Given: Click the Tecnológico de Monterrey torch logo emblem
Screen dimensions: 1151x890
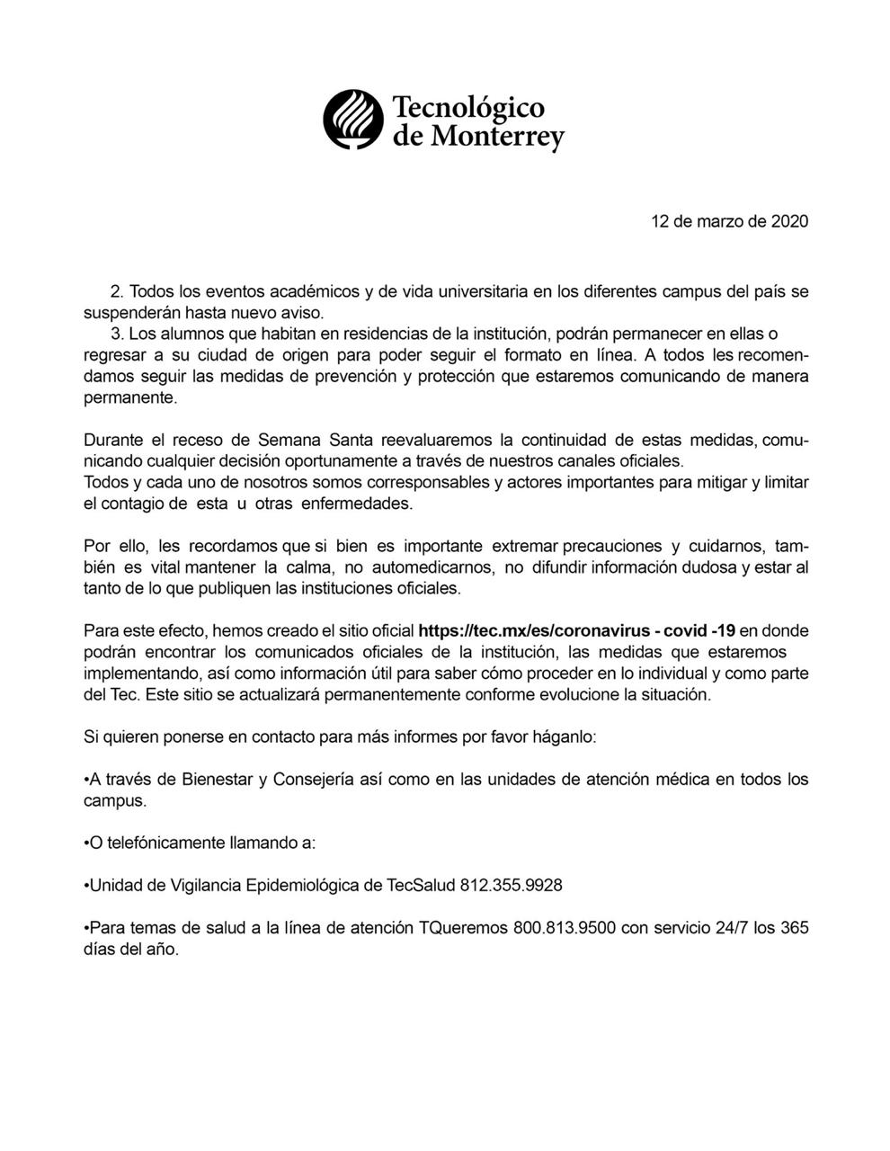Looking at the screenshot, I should click(353, 120).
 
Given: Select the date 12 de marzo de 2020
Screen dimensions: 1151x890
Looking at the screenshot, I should click(729, 221).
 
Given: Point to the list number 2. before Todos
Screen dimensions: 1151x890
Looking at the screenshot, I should click(116, 292).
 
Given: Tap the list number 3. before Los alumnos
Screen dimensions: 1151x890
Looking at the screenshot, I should click(116, 334).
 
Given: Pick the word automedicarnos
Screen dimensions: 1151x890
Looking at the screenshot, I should click(419, 567).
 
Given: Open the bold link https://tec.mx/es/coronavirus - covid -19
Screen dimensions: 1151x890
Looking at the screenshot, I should click(576, 630).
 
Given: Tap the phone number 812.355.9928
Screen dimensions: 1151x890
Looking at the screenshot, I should click(511, 886).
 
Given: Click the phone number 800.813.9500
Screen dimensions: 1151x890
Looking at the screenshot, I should click(565, 928).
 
